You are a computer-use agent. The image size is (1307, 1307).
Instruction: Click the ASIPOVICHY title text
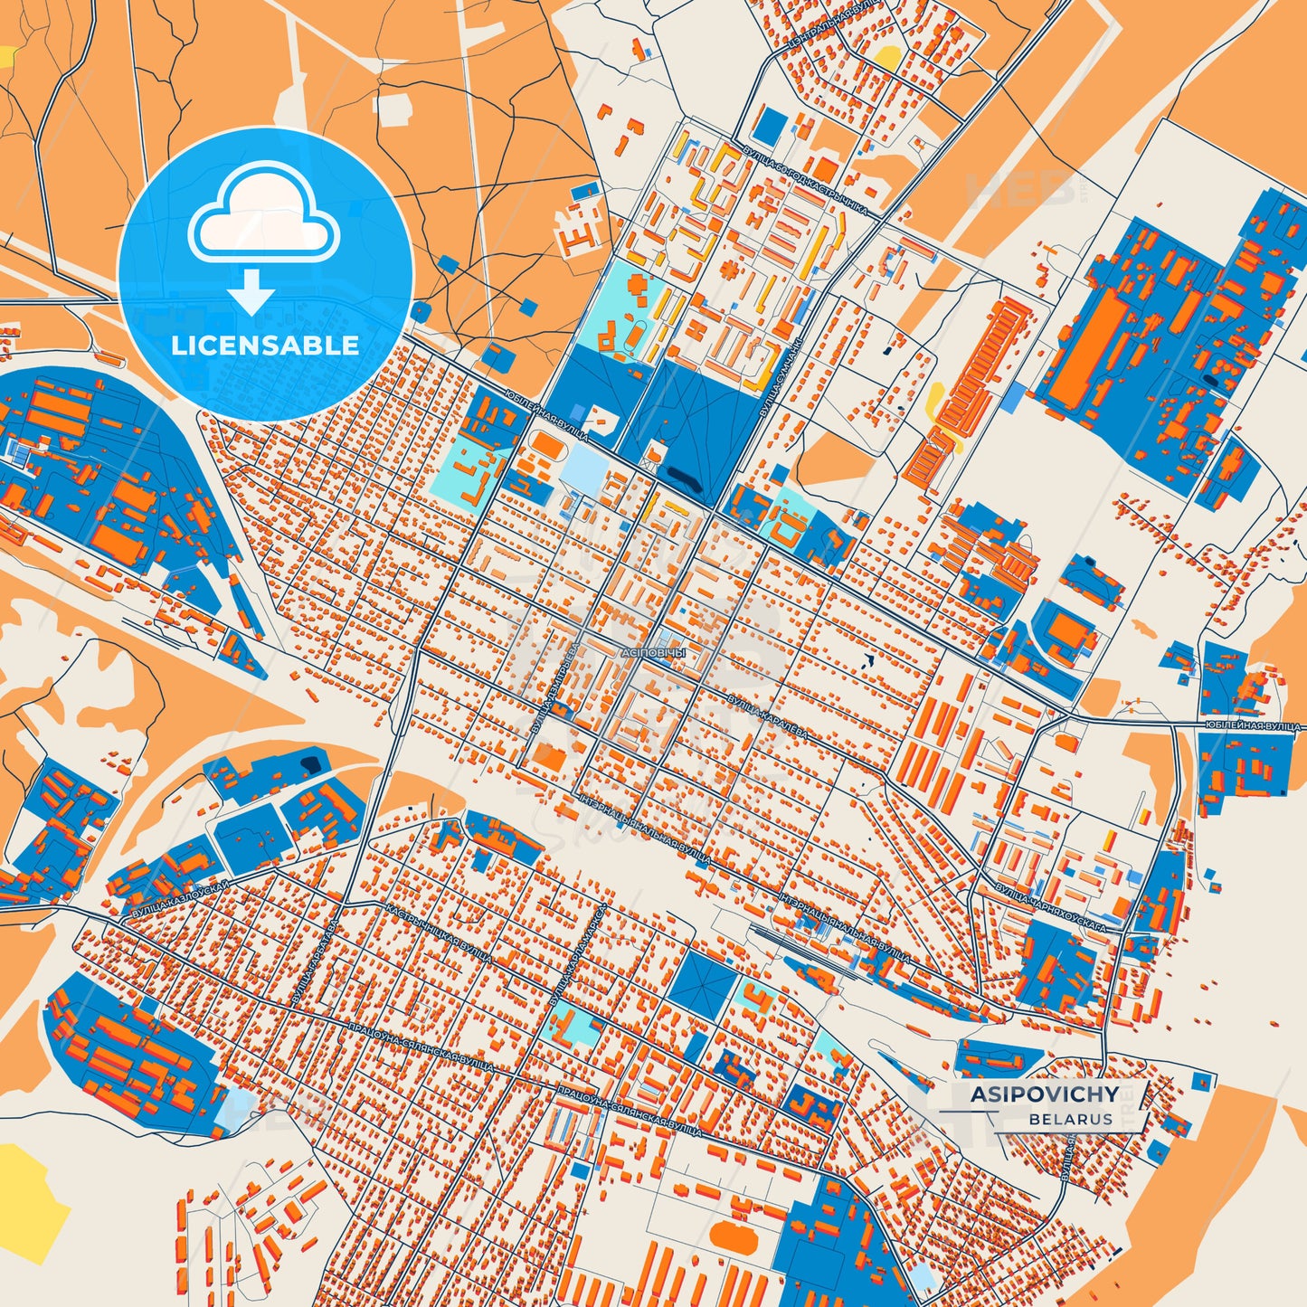tap(1044, 1094)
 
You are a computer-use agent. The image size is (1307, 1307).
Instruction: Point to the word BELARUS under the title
tap(1070, 1119)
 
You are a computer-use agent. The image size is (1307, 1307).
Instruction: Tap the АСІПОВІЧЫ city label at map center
tap(654, 651)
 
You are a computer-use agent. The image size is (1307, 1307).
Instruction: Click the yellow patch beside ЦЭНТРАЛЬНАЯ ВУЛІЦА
tap(889, 58)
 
